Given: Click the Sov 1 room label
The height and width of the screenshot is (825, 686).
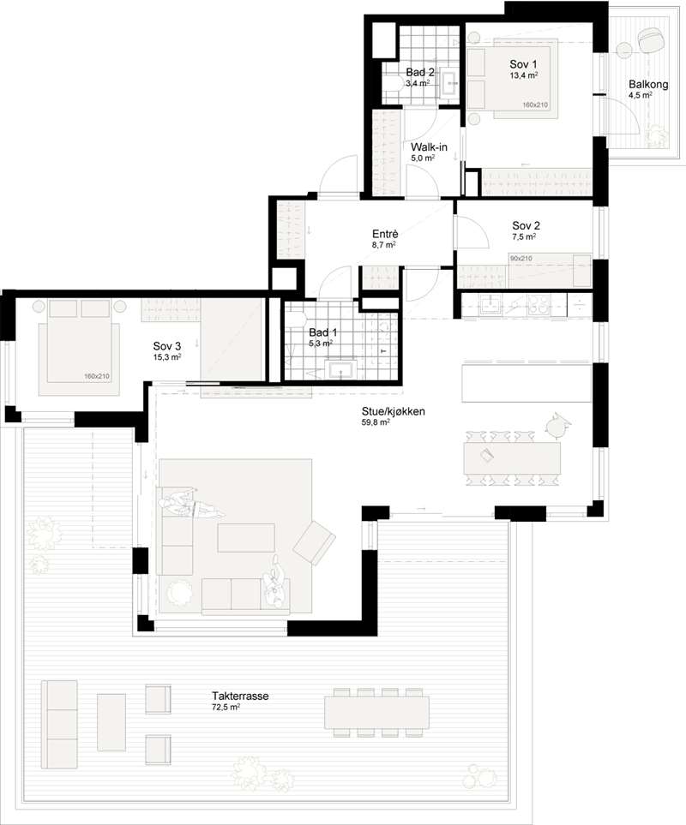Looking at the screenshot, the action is pos(523,64).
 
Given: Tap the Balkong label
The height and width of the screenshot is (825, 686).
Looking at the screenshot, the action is pos(648,84).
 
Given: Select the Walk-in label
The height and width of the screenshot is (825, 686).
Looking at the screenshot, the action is pos(429,146).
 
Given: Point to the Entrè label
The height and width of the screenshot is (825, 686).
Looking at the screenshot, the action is pos(385,234).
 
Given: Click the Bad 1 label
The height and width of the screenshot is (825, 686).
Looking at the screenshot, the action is pos(322,332).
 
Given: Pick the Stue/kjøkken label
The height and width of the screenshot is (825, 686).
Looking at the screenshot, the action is pos(393,411).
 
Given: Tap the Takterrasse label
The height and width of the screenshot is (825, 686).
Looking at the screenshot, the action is pos(240,696).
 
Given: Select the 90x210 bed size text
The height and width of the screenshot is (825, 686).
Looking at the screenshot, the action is pos(521,259).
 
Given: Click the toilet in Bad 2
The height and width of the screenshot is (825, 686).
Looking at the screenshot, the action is pos(392,84).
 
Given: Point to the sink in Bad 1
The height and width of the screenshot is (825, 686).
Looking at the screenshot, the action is pos(341,369).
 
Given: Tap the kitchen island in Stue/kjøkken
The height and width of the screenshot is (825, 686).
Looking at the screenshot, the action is pos(527,382).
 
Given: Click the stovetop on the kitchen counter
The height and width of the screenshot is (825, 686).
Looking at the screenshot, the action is pos(539,305).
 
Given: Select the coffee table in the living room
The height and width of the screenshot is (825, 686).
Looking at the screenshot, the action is pos(246,538).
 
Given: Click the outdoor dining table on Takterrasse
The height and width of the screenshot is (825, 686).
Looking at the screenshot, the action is pos(376,713).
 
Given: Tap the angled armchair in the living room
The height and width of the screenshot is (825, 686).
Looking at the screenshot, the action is pos(315,542).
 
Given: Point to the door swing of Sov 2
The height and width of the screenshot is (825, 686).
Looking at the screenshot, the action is pos(472,232).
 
